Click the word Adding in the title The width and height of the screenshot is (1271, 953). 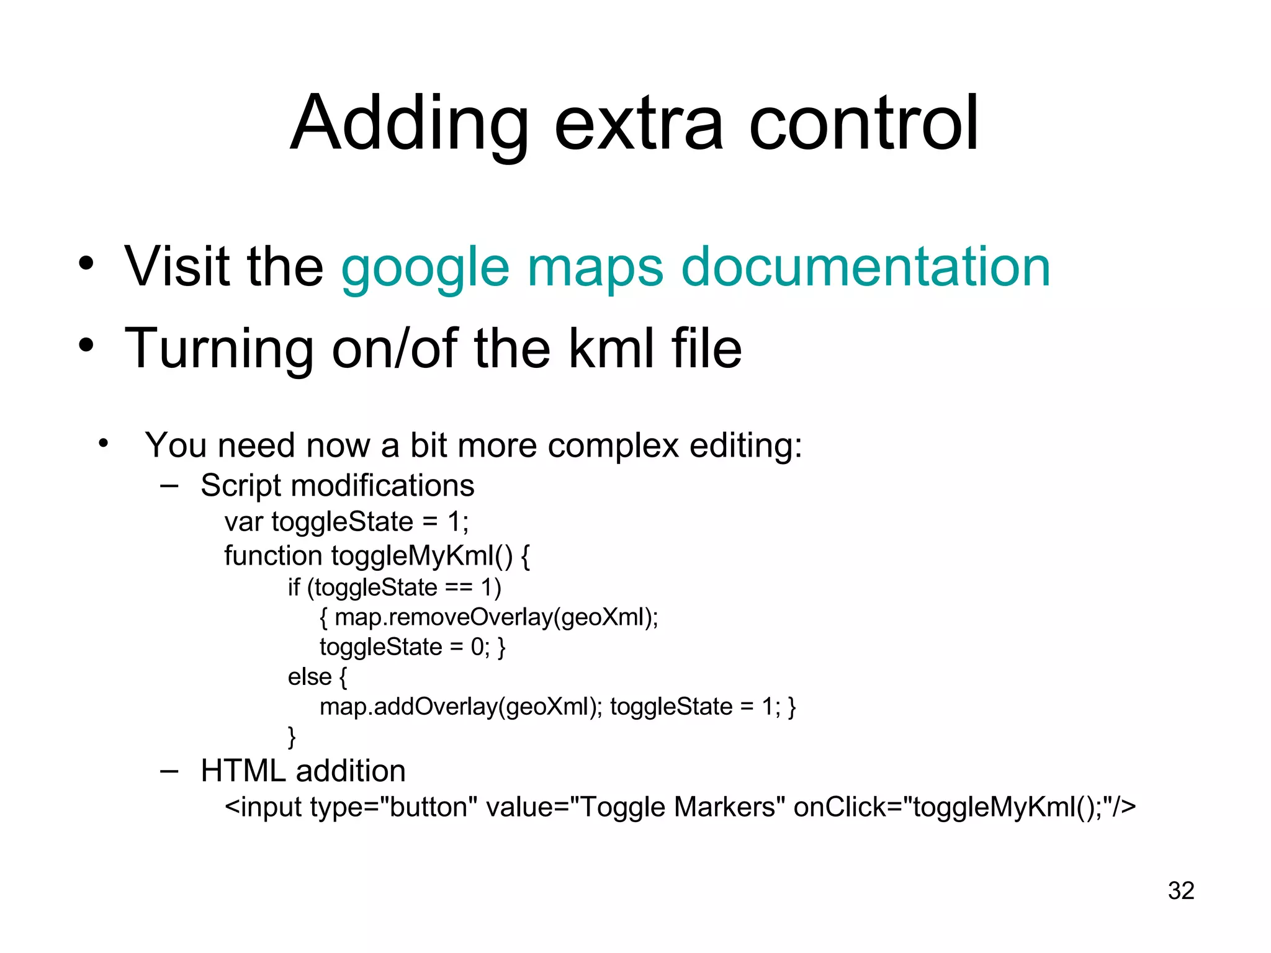point(410,124)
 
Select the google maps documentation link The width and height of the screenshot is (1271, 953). point(695,267)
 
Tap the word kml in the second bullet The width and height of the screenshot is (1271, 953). point(611,349)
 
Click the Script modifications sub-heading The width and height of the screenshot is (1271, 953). point(337,485)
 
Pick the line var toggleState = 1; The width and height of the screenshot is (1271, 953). point(346,522)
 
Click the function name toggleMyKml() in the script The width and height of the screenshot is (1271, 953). point(422,556)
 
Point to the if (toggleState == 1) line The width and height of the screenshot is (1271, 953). point(394,588)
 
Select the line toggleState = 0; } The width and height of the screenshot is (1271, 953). point(412,647)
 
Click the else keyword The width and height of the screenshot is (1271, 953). point(310,677)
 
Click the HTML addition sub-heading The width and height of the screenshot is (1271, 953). point(303,771)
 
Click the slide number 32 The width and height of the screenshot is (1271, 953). point(1180,891)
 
